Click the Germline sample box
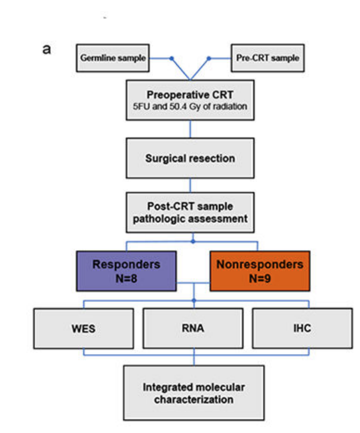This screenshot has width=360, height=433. pos(113,58)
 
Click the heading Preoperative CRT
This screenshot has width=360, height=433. pos(190,95)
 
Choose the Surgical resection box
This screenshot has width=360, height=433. pos(190,159)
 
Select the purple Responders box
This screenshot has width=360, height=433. pos(126,271)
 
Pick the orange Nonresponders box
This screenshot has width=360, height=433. pos(260,271)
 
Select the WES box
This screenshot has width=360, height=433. pos(84,328)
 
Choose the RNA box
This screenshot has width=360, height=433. pos(193,328)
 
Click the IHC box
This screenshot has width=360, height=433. pos(302,328)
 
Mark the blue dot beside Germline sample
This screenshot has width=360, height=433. pos(171,58)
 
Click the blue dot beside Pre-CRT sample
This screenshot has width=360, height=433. pos(209,58)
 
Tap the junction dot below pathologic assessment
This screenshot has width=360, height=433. pos(193,242)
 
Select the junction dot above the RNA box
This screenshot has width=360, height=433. pos(194,301)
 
